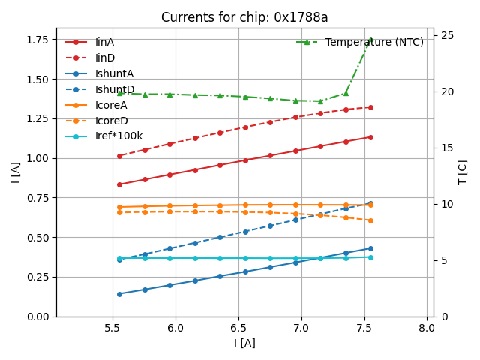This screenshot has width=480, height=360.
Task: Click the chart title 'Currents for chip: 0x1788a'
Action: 244,17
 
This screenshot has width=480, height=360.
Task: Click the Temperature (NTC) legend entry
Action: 374,42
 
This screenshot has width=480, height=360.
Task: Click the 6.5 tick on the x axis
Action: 238,328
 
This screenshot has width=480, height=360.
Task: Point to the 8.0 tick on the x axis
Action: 427,328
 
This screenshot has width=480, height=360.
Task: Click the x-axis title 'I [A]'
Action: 244,343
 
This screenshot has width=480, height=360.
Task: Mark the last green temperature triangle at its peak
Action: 370,40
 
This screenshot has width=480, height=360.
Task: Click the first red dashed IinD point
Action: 119,156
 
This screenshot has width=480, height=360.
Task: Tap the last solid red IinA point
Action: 370,137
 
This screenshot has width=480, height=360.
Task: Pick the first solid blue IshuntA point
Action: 119,294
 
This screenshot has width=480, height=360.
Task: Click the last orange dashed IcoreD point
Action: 370,220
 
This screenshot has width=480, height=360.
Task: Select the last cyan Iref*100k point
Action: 370,257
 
